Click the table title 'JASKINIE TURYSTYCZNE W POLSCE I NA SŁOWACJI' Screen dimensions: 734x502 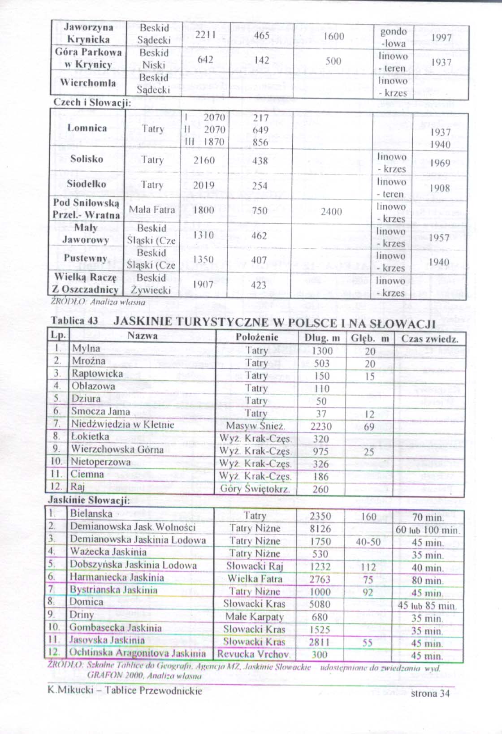(x=275, y=322)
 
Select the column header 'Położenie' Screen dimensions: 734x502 (x=257, y=337)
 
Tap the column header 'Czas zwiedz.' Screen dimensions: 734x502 (x=429, y=338)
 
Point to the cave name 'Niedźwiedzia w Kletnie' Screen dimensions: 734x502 (x=122, y=424)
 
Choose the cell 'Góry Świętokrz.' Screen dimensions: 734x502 (x=255, y=489)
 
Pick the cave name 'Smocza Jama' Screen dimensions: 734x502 (x=100, y=411)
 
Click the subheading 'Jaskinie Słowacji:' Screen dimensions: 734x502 (x=89, y=500)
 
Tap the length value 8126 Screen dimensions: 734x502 (x=320, y=529)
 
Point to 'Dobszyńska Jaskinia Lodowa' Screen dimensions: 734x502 (x=133, y=565)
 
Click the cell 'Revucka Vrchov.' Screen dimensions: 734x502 (x=254, y=654)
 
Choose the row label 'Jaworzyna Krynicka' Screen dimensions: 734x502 (x=88, y=33)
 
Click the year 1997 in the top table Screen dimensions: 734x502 (x=441, y=38)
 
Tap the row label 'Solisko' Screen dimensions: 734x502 (x=87, y=159)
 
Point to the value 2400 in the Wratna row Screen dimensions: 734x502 (x=331, y=212)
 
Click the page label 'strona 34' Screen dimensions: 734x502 (x=430, y=693)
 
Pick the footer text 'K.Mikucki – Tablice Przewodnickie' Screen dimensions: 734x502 (x=125, y=690)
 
